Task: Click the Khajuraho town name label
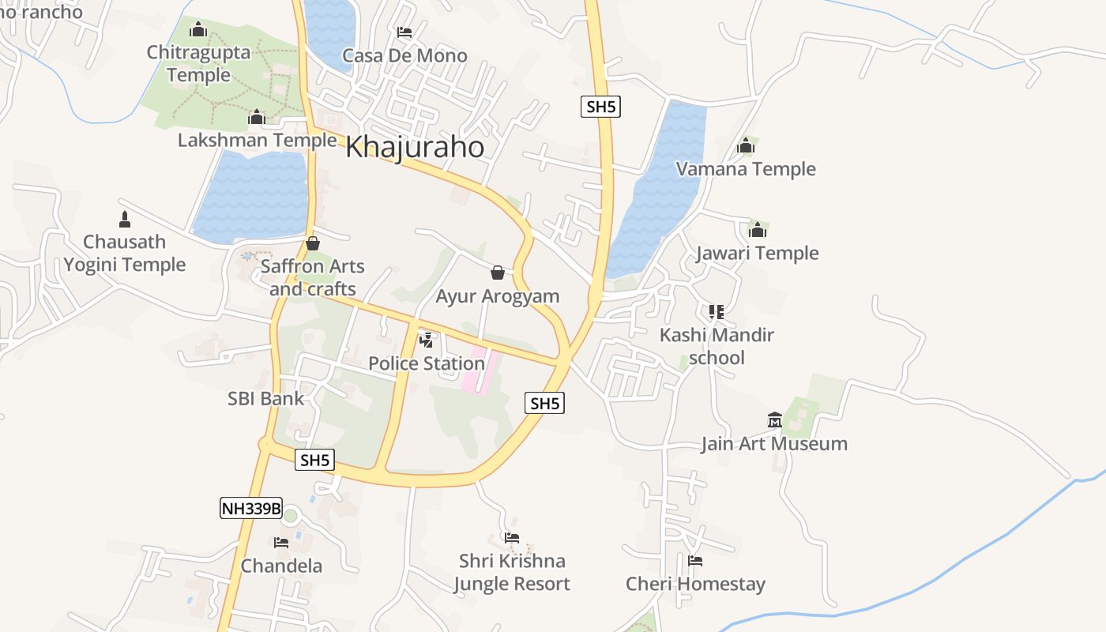tap(415, 147)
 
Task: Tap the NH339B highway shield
tap(251, 508)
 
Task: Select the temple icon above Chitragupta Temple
tap(198, 30)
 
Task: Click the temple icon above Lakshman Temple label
tap(256, 118)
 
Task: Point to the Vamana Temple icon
tap(746, 146)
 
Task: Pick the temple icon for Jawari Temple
tap(758, 230)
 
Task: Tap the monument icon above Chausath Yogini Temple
tap(125, 219)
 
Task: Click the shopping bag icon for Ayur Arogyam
tap(498, 273)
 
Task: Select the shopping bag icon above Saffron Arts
tap(313, 243)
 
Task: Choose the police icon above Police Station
tap(427, 340)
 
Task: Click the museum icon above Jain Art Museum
tap(774, 420)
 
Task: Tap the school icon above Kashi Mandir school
tap(717, 312)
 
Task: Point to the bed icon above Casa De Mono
tap(404, 32)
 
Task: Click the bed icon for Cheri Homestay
tap(695, 561)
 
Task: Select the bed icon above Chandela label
tap(281, 543)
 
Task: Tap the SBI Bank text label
tap(265, 399)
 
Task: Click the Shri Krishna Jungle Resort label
tap(512, 573)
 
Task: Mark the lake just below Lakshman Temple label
tap(251, 197)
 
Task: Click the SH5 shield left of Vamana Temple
tap(600, 107)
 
